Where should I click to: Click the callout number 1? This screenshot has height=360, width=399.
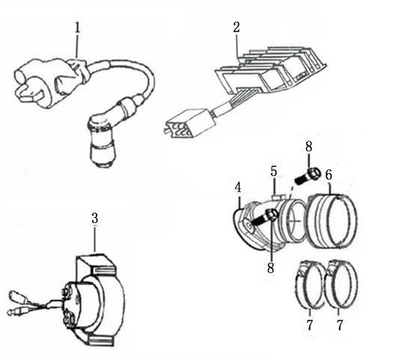pos(77,28)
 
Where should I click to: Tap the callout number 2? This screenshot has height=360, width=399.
pos(237,27)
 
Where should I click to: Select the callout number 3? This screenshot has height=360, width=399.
pos(94,219)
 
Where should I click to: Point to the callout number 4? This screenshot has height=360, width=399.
pos(237,188)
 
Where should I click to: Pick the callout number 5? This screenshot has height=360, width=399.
pos(273,171)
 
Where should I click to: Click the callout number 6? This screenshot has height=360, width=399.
pos(329,175)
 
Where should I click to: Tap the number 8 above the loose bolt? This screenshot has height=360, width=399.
pos(308,147)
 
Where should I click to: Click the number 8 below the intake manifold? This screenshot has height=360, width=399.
pos(270,268)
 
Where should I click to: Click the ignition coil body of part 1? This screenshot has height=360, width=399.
pos(49,82)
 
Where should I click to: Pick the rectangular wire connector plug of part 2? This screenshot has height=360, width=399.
pos(189,123)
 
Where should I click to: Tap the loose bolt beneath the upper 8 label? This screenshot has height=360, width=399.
pos(308,176)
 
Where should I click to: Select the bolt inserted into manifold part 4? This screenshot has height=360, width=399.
pos(264,218)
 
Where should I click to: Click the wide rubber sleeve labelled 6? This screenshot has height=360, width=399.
pos(332,221)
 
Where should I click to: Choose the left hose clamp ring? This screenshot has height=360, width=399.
pos(310,284)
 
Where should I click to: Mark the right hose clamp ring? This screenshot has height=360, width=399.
pos(341,284)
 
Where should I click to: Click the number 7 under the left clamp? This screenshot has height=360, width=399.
pos(309,325)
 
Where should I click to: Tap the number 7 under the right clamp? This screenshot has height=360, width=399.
pos(340,325)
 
